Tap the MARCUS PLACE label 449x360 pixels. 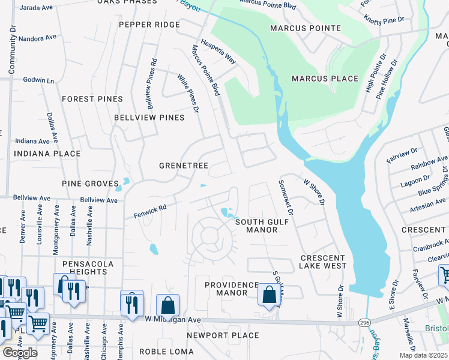(x=325, y=79)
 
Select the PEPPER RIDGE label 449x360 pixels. (x=149, y=25)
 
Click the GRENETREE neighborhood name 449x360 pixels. (x=183, y=165)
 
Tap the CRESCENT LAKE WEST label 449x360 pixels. (x=323, y=262)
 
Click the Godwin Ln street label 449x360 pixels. (x=38, y=80)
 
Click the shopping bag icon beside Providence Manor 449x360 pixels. (x=269, y=295)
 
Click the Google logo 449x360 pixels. (x=19, y=353)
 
